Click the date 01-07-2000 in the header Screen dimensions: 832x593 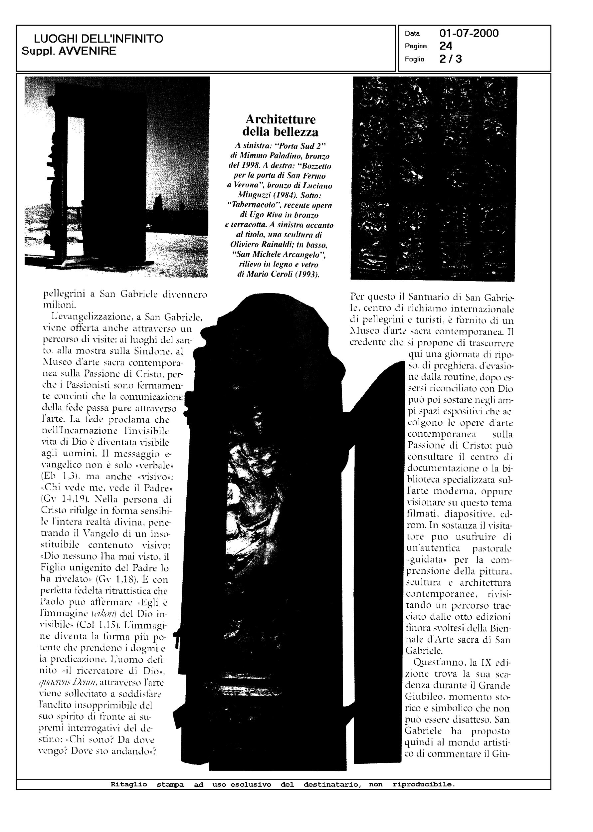(469, 34)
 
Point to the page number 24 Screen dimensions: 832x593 (446, 46)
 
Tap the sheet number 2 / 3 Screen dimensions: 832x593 (451, 59)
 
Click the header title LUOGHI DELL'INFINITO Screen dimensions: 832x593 (98, 39)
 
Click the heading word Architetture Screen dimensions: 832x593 (281, 119)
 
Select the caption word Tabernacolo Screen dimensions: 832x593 (254, 205)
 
